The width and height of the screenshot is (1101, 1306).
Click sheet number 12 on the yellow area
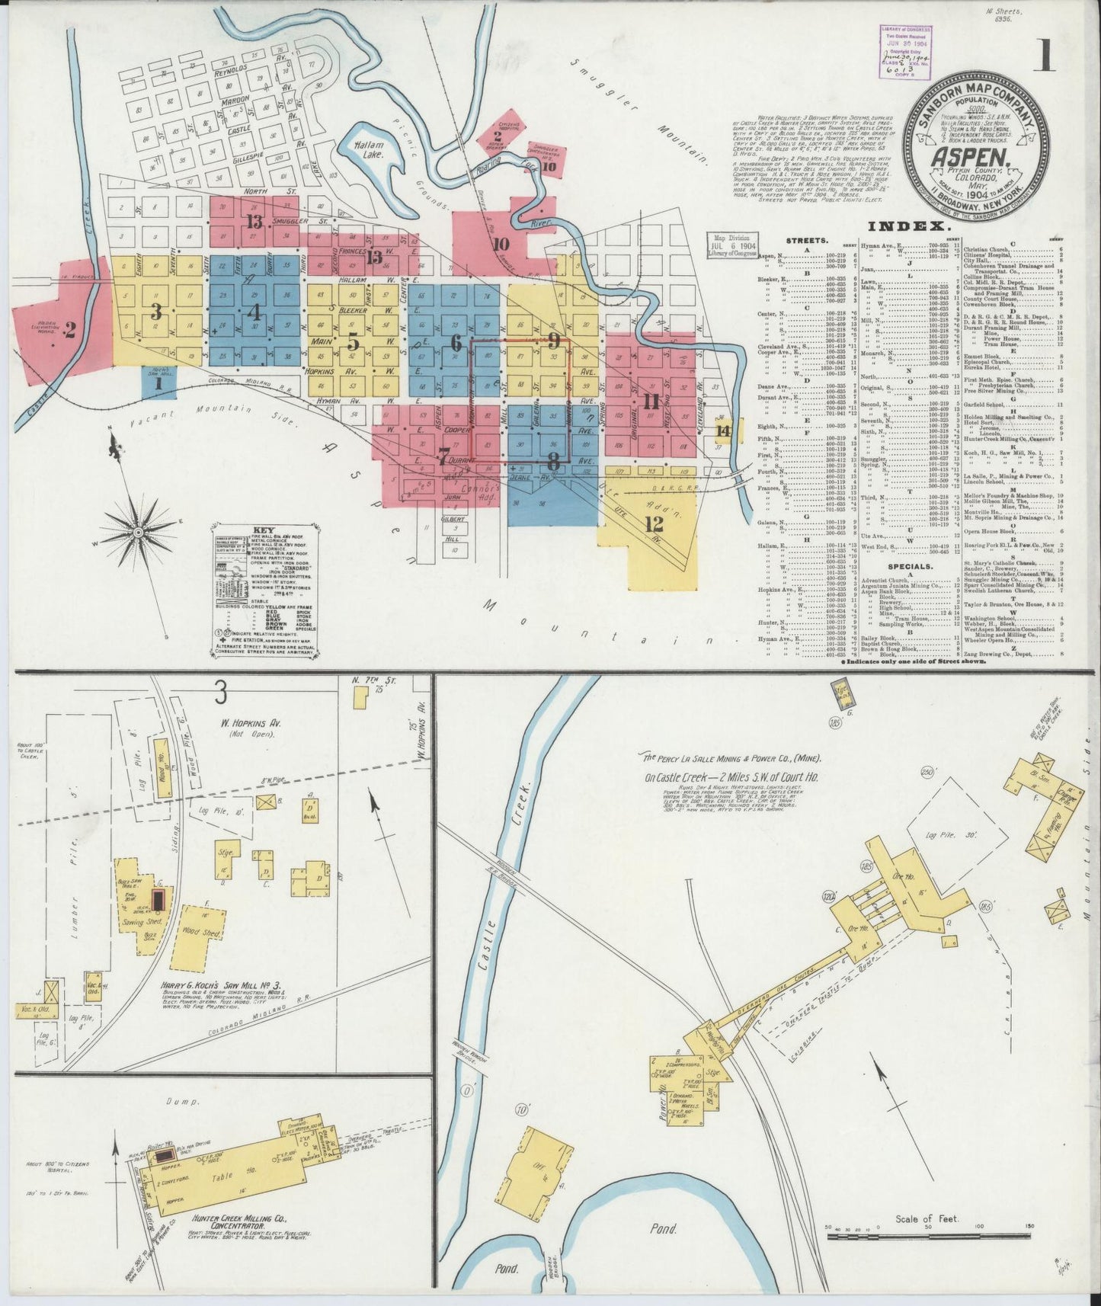(x=653, y=523)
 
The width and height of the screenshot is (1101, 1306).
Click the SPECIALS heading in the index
(x=909, y=567)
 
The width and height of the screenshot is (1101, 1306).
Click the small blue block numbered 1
(x=158, y=385)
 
